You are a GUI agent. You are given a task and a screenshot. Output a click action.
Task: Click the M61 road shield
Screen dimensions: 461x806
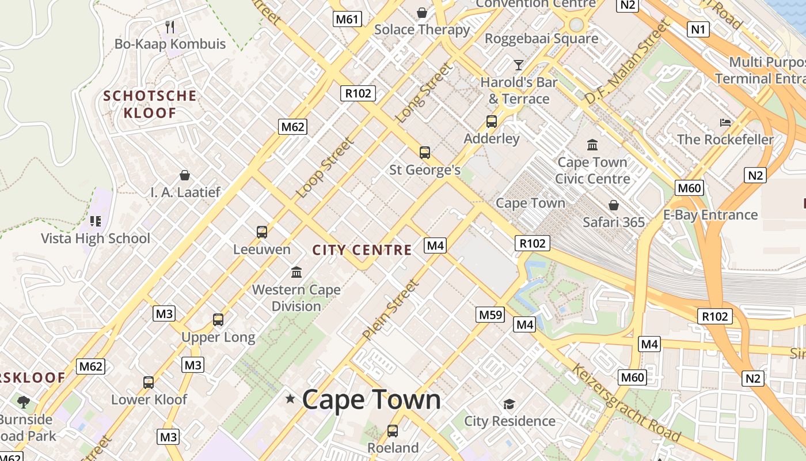347,19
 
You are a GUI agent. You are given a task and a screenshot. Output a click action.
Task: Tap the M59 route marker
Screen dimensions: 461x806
491,315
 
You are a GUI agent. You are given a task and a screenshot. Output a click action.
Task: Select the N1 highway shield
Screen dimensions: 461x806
698,29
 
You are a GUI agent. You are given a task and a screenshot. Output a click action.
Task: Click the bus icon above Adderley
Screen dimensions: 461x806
492,122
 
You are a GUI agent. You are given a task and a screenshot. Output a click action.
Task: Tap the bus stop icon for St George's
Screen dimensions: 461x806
425,153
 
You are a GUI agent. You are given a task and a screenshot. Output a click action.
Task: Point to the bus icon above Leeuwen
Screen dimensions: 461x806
262,232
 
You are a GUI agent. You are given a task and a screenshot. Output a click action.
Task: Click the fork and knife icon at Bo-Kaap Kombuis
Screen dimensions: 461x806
170,27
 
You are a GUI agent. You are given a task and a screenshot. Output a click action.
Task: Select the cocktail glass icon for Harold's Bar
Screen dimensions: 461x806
519,65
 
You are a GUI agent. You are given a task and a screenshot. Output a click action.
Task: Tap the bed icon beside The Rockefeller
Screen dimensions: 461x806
725,122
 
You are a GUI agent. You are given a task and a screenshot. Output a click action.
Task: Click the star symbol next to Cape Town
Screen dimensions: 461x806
290,399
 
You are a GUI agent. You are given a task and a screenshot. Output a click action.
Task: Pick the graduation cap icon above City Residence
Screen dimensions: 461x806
509,404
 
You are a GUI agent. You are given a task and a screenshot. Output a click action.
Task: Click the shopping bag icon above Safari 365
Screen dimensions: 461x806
614,205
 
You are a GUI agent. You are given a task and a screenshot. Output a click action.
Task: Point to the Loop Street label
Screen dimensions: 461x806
324,168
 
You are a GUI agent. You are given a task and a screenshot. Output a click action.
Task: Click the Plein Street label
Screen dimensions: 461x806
391,309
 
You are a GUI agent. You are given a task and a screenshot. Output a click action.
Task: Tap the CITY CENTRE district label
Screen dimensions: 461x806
362,250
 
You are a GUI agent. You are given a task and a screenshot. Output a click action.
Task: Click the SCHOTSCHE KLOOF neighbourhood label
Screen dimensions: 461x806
150,104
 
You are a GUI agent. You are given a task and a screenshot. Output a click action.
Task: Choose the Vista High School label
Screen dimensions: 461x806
96,238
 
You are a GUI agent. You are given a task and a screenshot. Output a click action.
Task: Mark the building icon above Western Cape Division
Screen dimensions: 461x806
296,272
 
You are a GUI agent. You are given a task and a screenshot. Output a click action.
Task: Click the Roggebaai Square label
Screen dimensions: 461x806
541,39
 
